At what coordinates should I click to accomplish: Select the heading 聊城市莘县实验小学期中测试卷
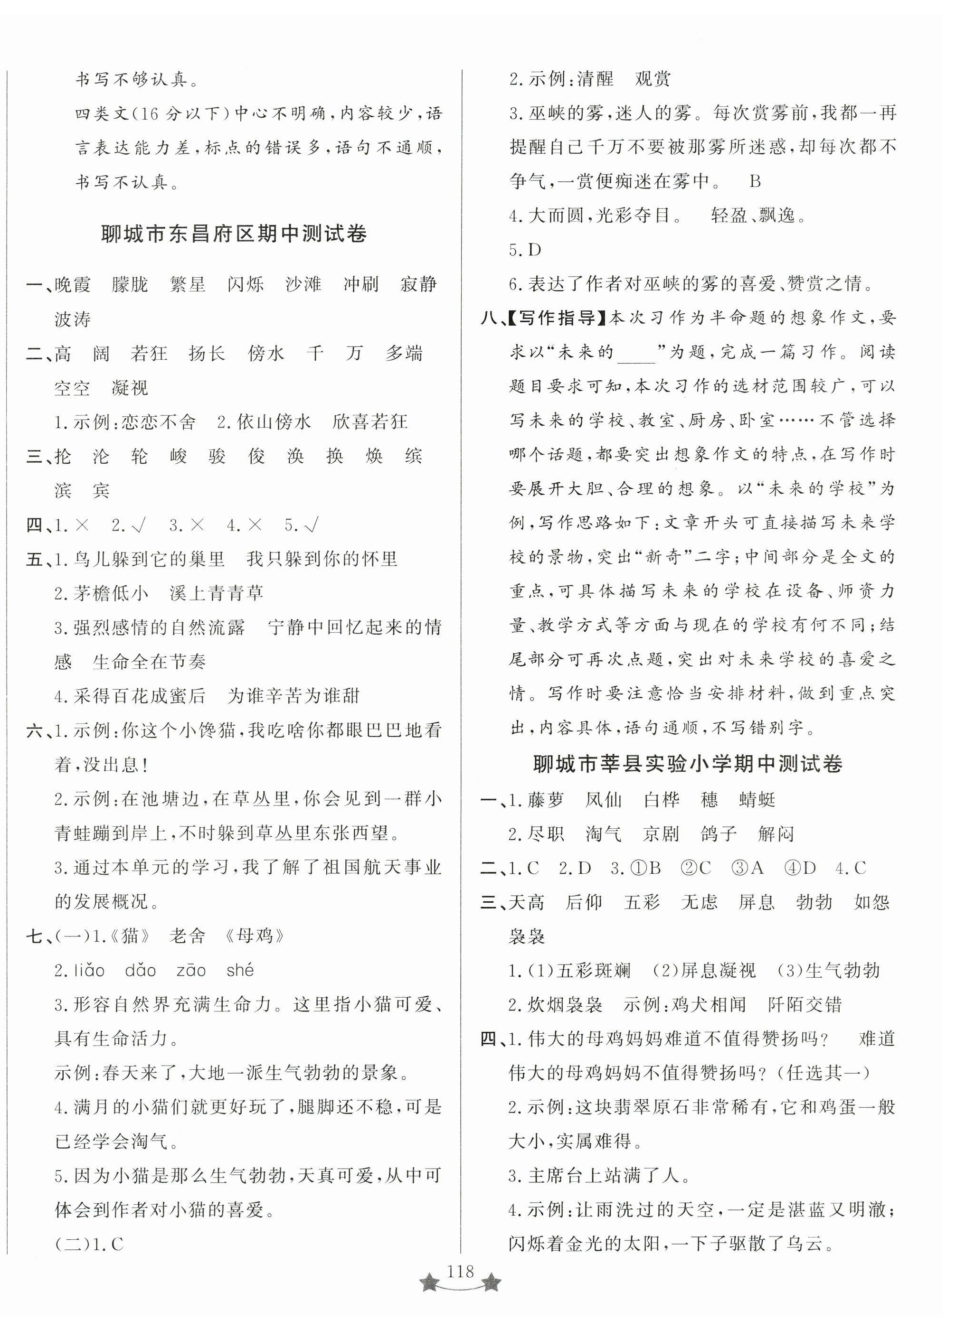[688, 764]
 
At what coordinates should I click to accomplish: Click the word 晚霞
[72, 285]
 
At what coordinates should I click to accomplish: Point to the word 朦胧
[130, 285]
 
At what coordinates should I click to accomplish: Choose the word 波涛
[72, 319]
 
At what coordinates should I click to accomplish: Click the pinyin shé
[240, 970]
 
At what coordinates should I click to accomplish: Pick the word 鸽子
[718, 833]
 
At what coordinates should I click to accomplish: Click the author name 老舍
[188, 936]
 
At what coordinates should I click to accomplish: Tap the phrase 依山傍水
[273, 422]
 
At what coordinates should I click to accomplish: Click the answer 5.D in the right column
[525, 250]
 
